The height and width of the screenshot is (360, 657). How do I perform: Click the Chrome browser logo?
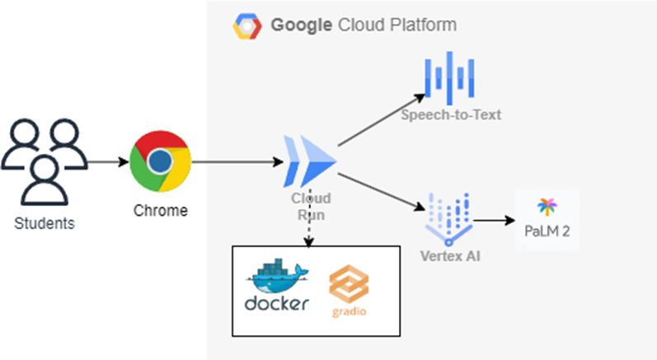161,161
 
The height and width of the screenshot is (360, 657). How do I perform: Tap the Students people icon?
44,161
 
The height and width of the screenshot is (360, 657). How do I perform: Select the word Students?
44,222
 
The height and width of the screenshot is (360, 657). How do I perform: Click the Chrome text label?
161,211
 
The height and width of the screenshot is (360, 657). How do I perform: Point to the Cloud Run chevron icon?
311,161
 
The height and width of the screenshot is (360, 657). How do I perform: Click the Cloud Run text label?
311,206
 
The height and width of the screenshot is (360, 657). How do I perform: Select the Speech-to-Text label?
451,115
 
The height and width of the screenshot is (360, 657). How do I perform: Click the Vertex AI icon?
448,217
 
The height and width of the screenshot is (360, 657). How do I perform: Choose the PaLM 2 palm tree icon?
547,206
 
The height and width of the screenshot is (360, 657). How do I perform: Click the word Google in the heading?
301,26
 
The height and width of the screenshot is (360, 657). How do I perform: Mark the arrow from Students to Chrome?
106,161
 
